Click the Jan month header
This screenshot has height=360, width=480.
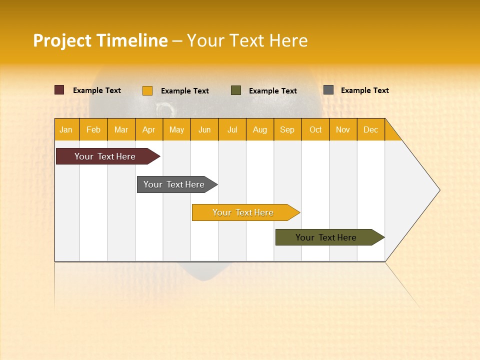66,129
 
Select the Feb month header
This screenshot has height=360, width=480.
93,129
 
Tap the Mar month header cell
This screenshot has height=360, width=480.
121,129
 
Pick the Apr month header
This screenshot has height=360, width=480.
149,129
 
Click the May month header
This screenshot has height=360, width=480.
176,129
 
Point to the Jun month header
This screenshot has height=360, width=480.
204,129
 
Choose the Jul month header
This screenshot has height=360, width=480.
232,129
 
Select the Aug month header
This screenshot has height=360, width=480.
260,129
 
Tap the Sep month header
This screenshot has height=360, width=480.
287,129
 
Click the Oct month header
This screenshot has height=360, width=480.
315,129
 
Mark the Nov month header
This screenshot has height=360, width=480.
343,129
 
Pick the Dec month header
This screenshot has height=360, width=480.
371,129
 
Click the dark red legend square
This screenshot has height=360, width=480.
59,90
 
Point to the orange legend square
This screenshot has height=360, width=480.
147,90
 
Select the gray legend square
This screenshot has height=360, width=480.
328,90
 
